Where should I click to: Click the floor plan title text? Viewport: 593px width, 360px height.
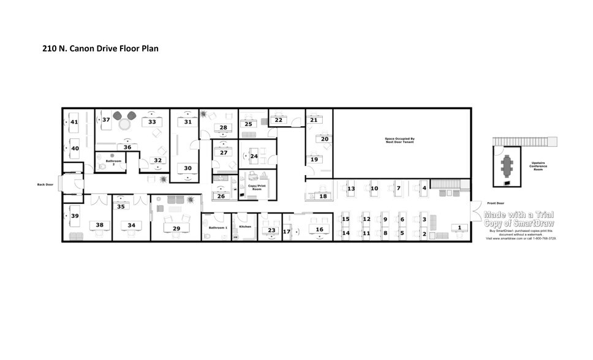100,48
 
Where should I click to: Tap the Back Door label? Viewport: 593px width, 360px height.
45,184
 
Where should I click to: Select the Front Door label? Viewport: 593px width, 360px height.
495,203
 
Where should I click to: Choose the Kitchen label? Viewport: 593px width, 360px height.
245,227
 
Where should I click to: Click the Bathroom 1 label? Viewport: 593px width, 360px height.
217,228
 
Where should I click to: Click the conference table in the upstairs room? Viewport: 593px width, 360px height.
508,164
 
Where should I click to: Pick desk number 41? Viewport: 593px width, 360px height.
74,122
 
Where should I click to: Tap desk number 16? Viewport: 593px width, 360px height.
319,230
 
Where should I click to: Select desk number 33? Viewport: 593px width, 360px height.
151,122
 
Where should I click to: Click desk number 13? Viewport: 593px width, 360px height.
351,189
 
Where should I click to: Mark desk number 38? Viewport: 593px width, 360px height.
99,225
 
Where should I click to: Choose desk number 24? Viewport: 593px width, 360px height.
254,156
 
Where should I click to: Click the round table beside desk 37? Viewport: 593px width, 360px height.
125,124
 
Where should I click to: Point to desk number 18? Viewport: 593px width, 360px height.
323,196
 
